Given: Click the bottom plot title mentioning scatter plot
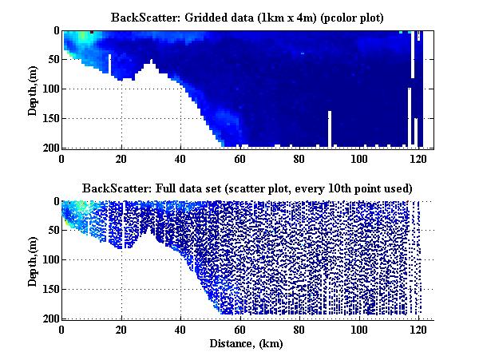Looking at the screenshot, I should (x=247, y=188).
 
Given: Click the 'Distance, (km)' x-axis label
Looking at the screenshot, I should (x=247, y=344).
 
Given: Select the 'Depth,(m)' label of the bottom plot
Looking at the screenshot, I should (x=32, y=260).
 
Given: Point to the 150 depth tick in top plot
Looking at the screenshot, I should (x=49, y=118).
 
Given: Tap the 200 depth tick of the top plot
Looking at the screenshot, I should (x=49, y=148).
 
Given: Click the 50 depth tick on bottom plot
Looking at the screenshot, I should (x=52, y=231).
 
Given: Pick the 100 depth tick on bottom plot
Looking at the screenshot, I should (x=49, y=260).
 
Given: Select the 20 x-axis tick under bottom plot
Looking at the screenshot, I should (x=121, y=329).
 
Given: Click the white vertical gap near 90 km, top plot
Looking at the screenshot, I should (x=328, y=129).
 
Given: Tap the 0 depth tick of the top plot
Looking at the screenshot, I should (x=54, y=31).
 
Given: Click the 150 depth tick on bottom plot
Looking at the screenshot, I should (x=49, y=290).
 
